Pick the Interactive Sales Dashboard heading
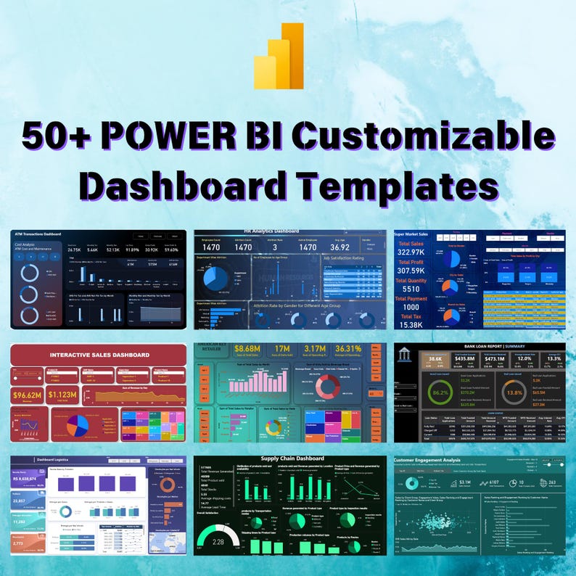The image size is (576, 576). coord(99,355)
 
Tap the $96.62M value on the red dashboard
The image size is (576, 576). coord(28,395)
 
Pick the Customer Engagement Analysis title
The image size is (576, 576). coord(428,459)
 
